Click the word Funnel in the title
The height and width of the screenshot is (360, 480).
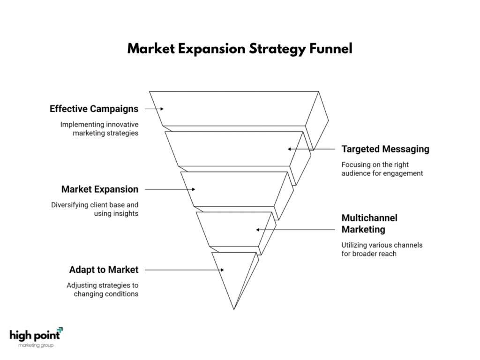[331, 49]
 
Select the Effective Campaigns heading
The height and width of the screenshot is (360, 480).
[94, 109]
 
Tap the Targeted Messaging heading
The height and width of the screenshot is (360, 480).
[385, 149]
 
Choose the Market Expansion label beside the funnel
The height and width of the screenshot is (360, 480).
[100, 189]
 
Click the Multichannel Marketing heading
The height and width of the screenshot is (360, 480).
[369, 224]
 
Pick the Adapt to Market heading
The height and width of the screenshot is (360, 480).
[104, 270]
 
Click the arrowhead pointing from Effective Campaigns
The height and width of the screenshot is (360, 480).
[162, 109]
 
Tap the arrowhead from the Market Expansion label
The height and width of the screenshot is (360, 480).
[193, 189]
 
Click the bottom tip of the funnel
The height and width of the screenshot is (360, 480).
[234, 309]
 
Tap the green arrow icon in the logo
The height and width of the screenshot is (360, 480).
[60, 330]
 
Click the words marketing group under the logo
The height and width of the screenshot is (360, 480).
[36, 345]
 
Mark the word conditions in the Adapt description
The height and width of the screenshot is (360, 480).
[122, 294]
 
